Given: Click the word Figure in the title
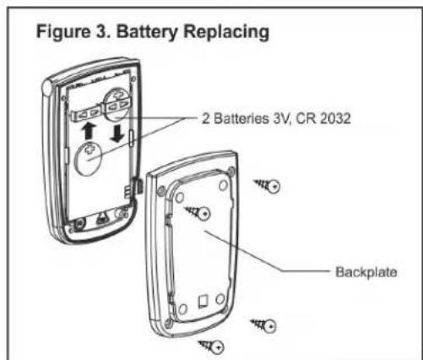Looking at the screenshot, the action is point(63,31).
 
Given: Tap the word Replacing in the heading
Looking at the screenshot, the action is point(226,31).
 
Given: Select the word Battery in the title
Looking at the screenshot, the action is point(147,31).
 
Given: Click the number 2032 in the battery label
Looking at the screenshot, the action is point(335,118).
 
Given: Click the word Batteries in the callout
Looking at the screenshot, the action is point(241,118).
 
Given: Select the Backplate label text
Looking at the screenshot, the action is point(366,272).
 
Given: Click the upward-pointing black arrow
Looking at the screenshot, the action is point(89,131).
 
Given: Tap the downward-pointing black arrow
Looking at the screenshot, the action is point(117,134).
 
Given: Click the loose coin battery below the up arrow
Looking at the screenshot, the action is point(88,159).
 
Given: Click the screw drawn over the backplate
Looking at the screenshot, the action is point(198,213).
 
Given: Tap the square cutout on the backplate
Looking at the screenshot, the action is point(203,301).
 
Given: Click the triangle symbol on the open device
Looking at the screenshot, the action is point(101,218).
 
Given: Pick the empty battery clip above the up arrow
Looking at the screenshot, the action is point(87,114).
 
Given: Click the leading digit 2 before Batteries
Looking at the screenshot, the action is point(206,118).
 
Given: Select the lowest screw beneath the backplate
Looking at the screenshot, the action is point(212,346).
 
